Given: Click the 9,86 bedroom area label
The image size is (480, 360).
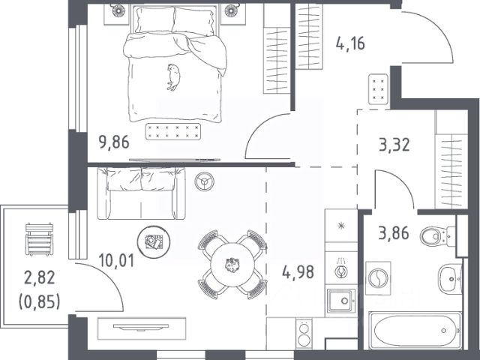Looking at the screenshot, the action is point(114,142).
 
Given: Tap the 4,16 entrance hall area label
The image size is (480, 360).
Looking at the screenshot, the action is point(350,43).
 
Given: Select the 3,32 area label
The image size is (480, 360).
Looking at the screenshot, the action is point(394,145).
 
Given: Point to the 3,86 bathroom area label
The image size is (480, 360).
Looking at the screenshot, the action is point(394,233).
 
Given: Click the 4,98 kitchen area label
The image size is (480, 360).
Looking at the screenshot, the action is point(298,272).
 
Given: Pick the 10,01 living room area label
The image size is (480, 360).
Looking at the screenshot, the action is point(117,261).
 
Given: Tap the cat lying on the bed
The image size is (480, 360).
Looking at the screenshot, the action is point(173,77).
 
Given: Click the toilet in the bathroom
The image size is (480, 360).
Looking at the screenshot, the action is point(438,236).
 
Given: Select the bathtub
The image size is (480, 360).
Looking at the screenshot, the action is point(415,331).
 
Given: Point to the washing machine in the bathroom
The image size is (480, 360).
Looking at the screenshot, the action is point(378,278).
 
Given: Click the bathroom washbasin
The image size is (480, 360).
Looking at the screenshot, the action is point(450,278).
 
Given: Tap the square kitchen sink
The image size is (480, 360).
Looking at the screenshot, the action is point(341,301).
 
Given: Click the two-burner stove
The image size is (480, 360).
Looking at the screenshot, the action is point(304,334).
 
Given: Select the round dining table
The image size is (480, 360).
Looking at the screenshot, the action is point(232,265).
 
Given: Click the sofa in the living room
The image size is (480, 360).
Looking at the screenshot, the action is point(141,193).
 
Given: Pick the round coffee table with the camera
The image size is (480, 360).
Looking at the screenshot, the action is point(153,241).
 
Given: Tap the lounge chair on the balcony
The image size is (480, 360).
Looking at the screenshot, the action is point(39,239).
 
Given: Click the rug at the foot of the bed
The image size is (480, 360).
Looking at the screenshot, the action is point(173,132).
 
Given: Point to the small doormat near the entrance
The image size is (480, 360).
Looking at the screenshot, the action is point(378,89).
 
